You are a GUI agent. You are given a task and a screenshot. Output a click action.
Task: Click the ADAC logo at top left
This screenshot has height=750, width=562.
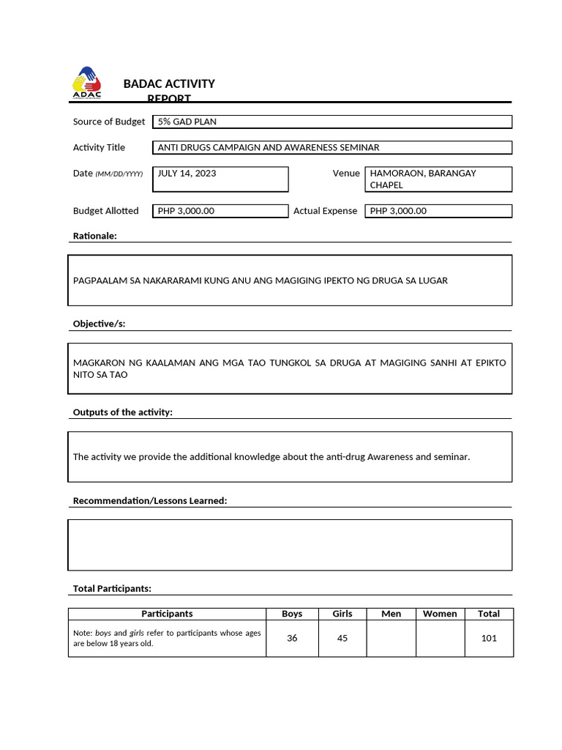87,82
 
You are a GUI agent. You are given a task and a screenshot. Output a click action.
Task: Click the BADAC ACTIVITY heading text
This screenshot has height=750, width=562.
169,84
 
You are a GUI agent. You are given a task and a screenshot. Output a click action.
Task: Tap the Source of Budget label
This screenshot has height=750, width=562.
109,122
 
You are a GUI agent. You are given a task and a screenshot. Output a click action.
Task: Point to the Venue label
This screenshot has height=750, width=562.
346,174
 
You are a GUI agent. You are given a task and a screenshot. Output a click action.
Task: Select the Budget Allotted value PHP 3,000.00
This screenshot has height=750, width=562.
220,211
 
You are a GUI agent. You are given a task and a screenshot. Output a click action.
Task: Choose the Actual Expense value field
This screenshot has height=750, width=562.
438,211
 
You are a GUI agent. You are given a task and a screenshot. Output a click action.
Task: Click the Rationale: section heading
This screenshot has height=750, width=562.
95,236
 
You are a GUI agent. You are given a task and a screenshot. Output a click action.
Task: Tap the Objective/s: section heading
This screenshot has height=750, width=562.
99,324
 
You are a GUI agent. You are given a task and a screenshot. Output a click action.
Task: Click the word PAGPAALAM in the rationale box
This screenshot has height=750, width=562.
100,281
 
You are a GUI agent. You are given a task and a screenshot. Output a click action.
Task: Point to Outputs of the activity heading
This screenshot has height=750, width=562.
122,412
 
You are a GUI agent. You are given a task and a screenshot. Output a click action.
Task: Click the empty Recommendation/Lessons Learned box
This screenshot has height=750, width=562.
290,544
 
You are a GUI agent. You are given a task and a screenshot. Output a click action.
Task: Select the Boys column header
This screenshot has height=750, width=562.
292,614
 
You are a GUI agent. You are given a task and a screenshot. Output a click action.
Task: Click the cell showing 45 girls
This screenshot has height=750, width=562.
342,638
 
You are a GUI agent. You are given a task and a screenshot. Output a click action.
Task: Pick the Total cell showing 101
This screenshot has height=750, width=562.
489,638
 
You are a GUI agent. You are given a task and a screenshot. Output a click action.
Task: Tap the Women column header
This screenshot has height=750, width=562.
440,614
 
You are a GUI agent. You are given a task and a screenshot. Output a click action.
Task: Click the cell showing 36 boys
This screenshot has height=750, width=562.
292,638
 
